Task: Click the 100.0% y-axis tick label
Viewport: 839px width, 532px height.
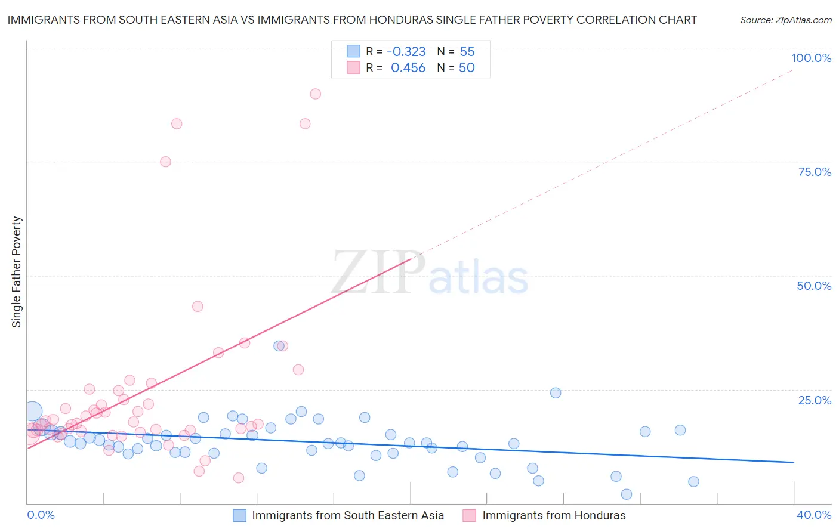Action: click(811, 58)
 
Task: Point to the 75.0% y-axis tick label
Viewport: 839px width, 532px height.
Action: click(815, 172)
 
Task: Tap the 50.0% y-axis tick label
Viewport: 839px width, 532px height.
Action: click(814, 286)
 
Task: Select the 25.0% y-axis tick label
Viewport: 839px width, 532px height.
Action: click(815, 400)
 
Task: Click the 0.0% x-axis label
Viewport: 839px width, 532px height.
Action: click(41, 515)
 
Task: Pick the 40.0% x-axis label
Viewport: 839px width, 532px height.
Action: click(813, 515)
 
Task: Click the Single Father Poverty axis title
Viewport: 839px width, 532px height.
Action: click(16, 272)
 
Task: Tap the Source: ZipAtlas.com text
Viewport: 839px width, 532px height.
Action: click(785, 20)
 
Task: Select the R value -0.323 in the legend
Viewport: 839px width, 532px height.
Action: click(406, 52)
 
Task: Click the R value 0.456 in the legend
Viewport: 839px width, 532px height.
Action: click(408, 68)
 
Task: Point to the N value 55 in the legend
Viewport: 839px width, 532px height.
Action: click(467, 52)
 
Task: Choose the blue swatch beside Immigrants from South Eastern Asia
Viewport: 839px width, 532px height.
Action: click(239, 515)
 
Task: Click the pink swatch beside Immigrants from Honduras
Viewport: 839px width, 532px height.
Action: click(470, 515)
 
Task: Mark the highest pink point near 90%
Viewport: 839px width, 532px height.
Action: click(315, 94)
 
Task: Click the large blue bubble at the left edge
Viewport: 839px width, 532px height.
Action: click(33, 411)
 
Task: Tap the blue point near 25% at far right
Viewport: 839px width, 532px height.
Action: click(556, 392)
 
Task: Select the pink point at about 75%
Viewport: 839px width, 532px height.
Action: click(165, 162)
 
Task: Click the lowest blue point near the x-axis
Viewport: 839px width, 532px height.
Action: click(627, 494)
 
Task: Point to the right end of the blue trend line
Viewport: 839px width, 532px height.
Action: click(794, 462)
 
